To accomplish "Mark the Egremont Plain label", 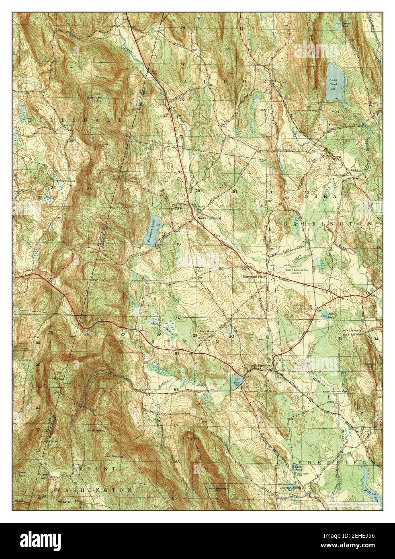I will click(x=254, y=277).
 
